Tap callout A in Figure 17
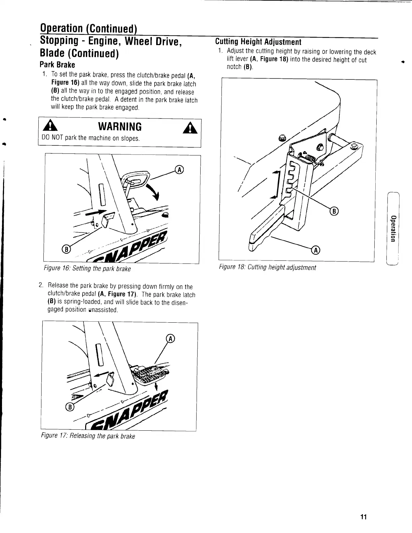pos(170,339)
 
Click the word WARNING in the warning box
pos(119,127)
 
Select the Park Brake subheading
pos(57,65)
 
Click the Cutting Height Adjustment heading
pos(258,42)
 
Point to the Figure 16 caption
pos(87,269)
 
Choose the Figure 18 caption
pos(267,268)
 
